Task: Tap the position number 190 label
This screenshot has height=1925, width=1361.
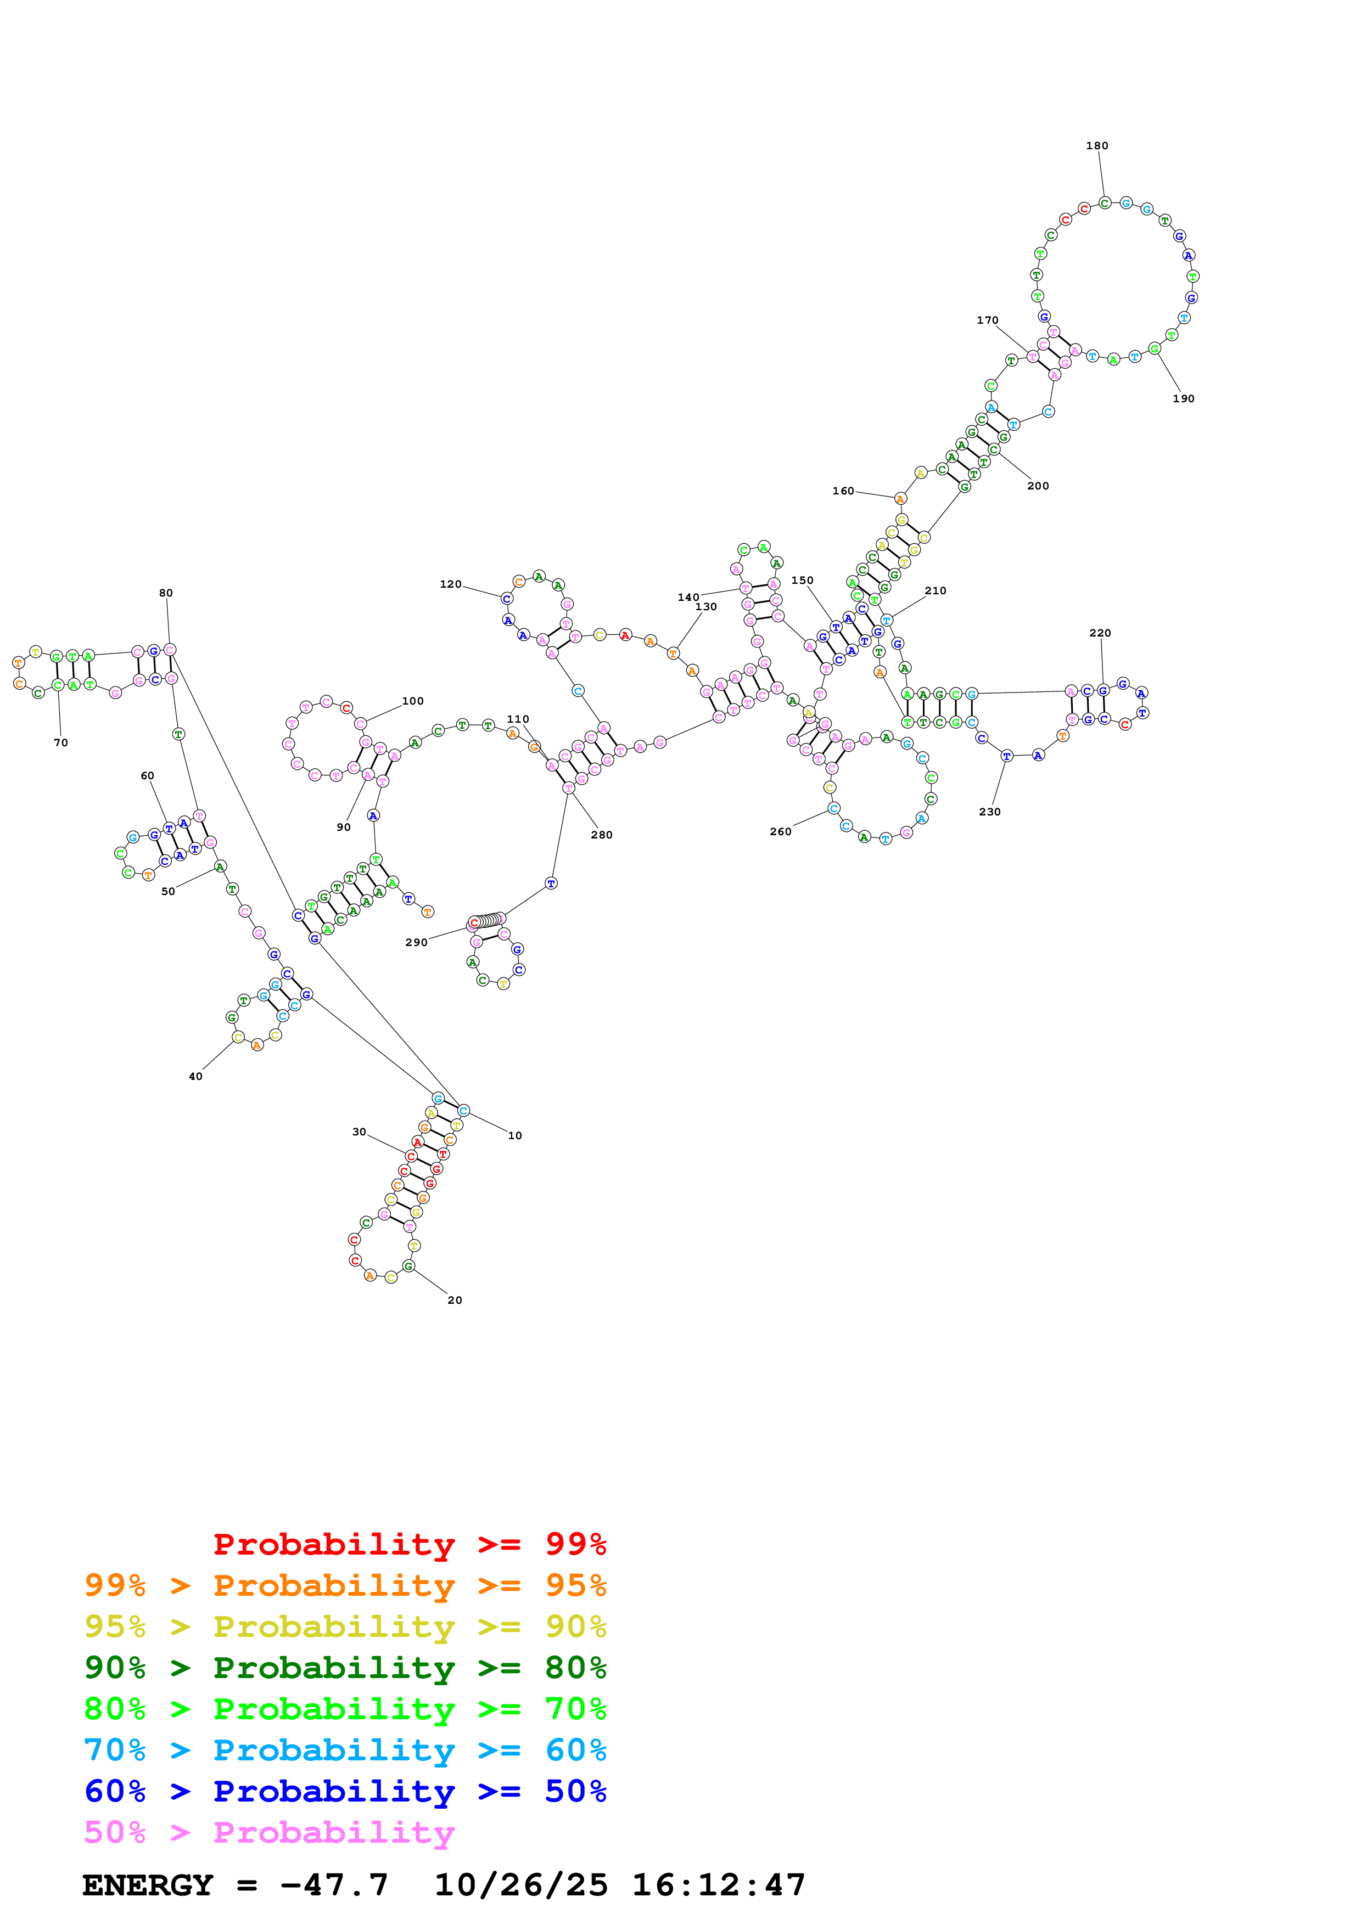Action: click(1183, 398)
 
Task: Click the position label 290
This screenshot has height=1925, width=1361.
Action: click(416, 942)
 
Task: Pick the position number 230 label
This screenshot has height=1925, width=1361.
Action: click(989, 812)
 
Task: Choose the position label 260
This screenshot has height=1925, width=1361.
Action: click(780, 832)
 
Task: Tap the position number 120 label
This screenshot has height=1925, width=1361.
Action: click(450, 584)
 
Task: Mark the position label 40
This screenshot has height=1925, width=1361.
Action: click(195, 1077)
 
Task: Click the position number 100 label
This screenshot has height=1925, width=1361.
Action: click(412, 701)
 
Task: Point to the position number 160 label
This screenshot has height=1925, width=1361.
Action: click(843, 491)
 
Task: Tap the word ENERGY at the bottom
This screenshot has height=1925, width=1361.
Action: click(148, 1885)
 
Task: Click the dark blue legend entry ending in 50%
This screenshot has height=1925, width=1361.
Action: click(345, 1791)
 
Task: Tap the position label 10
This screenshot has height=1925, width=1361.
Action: click(515, 1135)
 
